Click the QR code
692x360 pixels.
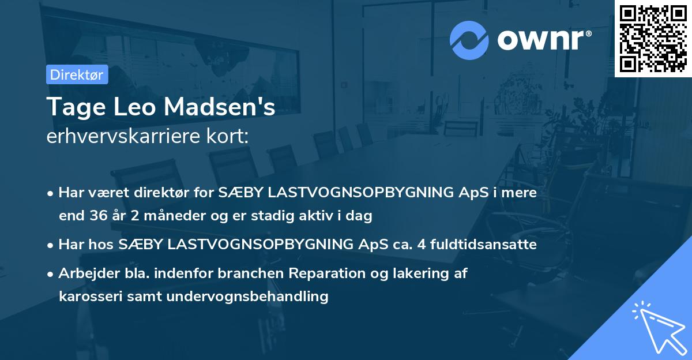(653, 38)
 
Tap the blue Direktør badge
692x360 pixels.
(77, 74)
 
